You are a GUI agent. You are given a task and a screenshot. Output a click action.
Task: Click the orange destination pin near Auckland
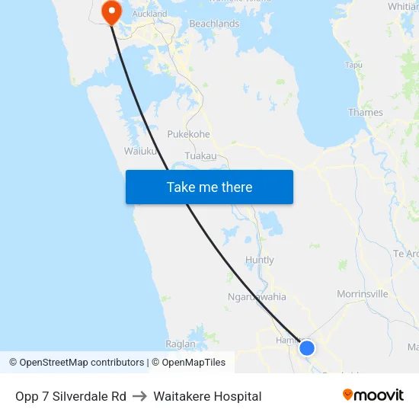111,11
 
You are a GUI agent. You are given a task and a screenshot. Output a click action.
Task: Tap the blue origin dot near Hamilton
307,348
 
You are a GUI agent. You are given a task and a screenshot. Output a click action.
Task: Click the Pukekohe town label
188,134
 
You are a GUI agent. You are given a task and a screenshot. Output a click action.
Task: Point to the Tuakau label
200,155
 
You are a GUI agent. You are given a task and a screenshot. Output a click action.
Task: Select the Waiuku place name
140,151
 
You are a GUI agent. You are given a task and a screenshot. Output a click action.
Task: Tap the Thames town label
365,112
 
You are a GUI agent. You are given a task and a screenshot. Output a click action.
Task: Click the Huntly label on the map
260,260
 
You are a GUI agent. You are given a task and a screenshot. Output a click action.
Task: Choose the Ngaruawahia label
257,297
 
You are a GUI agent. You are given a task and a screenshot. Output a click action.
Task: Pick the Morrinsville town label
362,294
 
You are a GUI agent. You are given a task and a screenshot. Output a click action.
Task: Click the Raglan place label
181,344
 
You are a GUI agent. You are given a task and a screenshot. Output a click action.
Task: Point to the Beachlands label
214,24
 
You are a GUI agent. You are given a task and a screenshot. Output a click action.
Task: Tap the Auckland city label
149,14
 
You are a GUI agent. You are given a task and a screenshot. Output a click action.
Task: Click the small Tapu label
353,66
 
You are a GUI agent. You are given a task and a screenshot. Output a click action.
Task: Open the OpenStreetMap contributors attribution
76,363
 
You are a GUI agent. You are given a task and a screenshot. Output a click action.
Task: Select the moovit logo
373,395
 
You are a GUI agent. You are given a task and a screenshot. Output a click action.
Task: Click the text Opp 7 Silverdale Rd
71,396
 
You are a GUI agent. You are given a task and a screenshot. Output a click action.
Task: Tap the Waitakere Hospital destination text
207,396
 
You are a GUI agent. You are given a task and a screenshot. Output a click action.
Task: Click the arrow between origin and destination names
139,396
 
